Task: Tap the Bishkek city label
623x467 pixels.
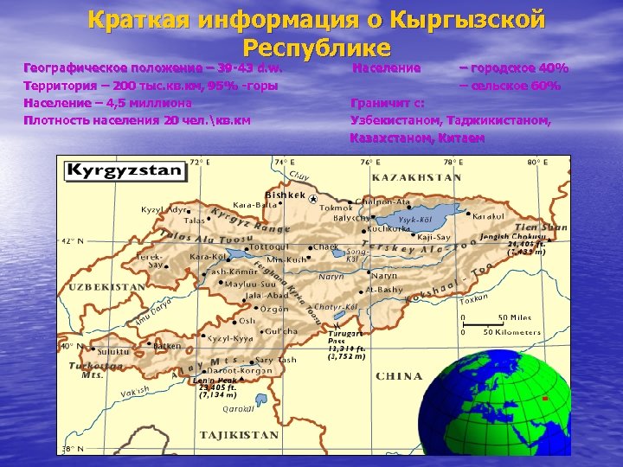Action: [x=285, y=195]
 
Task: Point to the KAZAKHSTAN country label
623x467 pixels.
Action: [x=416, y=177]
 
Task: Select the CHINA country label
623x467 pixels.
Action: [x=399, y=376]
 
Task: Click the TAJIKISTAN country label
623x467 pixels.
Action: [x=240, y=434]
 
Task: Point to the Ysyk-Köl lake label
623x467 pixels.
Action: [x=415, y=220]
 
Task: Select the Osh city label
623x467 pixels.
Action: [x=247, y=320]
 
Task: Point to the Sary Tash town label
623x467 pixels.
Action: [x=275, y=359]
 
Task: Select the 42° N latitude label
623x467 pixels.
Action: [x=72, y=241]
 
